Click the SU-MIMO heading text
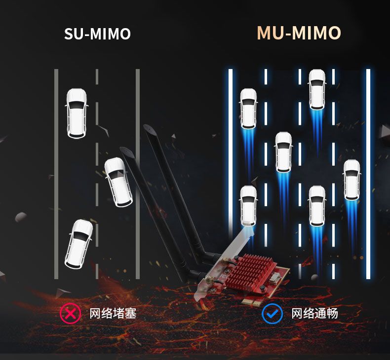pos(97,34)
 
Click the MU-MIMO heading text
pos(299,33)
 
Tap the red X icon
pos(70,313)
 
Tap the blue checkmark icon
pos(272,313)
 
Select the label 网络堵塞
pos(113,313)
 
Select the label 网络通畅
pos(314,313)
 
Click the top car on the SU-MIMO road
pos(77,113)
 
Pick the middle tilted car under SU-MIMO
pos(118,181)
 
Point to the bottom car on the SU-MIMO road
pos(79,244)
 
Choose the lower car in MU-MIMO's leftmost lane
pos(248,206)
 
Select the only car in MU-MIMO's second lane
pos(283,152)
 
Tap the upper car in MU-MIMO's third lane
pos(317,89)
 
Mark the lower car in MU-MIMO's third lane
pos(317,206)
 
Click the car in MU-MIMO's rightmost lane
pos(352,180)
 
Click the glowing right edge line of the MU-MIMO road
pos(368,173)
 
